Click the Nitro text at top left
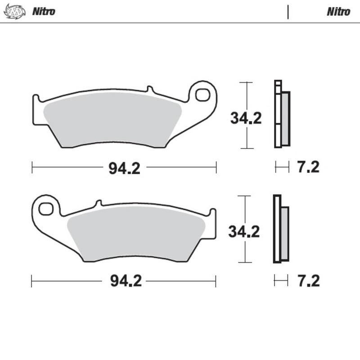click(x=43, y=12)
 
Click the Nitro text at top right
click(x=338, y=12)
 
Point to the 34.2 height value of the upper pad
click(x=246, y=118)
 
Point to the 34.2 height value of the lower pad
click(x=243, y=232)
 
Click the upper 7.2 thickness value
click(x=308, y=167)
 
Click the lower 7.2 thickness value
click(x=308, y=281)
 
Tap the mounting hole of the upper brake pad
click(x=203, y=95)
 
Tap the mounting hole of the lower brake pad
click(x=46, y=209)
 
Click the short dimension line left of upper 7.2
click(x=282, y=167)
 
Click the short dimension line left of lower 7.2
click(x=281, y=281)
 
